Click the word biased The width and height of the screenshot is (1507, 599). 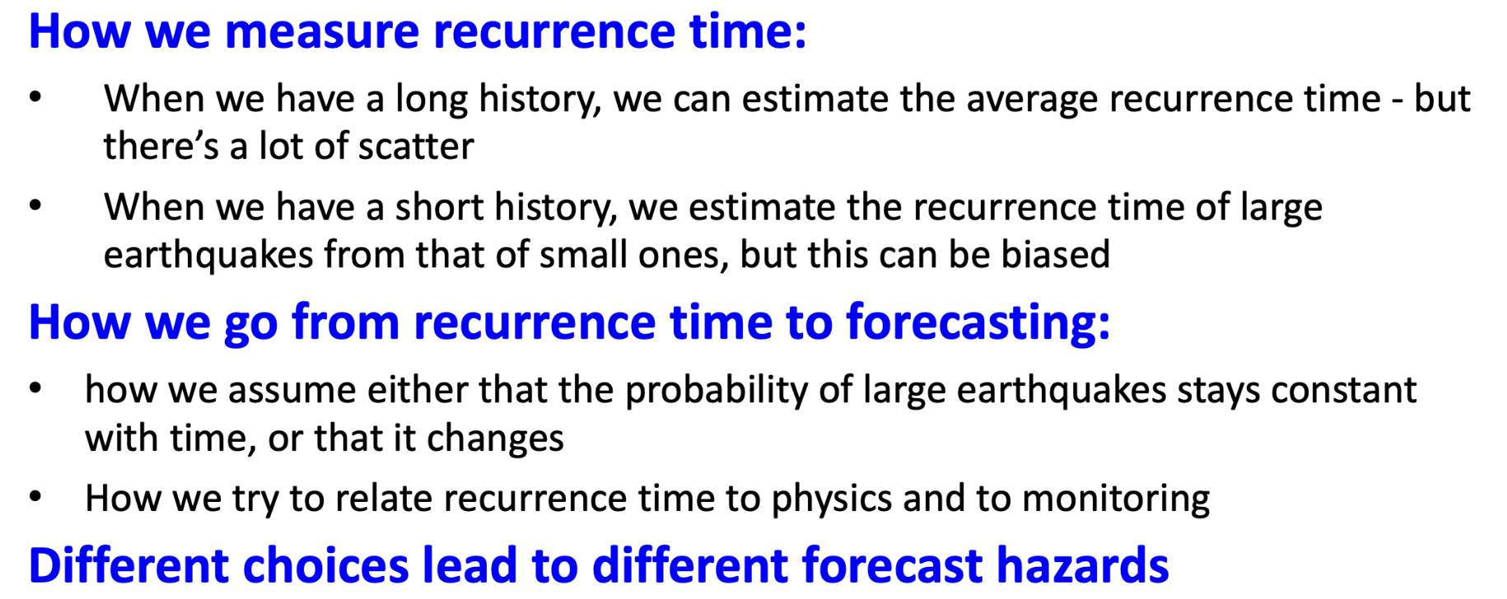click(1055, 255)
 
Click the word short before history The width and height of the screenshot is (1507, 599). click(438, 207)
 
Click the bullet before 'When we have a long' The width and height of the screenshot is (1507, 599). click(35, 98)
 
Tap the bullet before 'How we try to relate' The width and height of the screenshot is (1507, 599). click(35, 497)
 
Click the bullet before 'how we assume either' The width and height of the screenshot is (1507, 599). click(35, 388)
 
